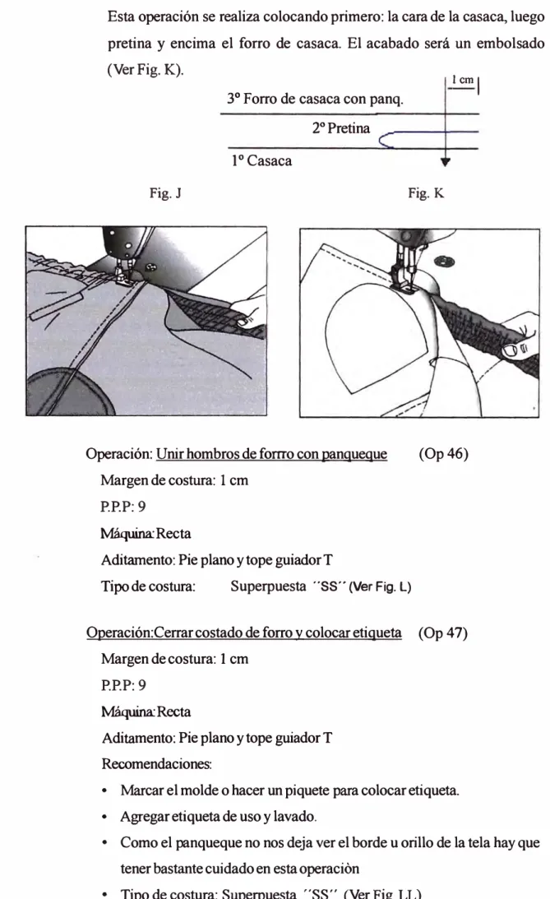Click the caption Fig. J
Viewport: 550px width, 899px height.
click(165, 193)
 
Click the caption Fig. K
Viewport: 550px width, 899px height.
click(426, 193)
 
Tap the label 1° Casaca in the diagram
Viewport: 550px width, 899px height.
click(261, 160)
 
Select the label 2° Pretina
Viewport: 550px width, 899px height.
click(341, 128)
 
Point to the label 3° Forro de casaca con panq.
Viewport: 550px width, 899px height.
click(315, 100)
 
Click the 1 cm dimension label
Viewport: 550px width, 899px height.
click(463, 80)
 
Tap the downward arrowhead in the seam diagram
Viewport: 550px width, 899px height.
click(446, 162)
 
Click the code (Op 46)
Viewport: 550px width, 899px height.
click(443, 454)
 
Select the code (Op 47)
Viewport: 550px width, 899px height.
click(443, 633)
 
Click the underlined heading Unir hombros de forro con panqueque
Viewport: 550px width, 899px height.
click(271, 454)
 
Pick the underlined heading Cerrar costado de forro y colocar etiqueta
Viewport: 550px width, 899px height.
click(278, 633)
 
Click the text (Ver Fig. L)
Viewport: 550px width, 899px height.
click(381, 587)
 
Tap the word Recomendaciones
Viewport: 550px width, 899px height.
click(156, 763)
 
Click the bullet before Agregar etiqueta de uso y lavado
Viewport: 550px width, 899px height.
click(105, 817)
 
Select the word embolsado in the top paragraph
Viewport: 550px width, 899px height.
click(511, 44)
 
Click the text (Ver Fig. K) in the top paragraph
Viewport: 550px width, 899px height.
click(146, 71)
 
